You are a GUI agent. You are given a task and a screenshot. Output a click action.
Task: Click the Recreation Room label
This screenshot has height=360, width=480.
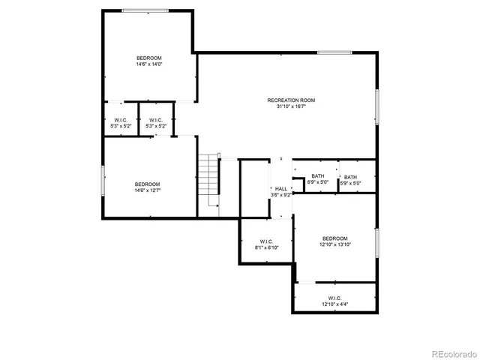(291, 100)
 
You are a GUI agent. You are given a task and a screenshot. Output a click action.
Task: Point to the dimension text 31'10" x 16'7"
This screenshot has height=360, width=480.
(291, 106)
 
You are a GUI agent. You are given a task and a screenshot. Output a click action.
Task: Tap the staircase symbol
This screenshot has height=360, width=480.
(208, 181)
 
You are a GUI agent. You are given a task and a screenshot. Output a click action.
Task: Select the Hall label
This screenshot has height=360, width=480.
(280, 189)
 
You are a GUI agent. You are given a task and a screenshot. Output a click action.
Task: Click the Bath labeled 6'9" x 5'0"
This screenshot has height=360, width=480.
(318, 177)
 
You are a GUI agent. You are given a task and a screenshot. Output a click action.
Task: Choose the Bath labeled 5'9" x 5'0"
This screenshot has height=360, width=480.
(350, 177)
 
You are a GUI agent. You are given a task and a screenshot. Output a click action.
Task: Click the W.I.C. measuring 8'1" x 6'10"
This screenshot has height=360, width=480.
(266, 241)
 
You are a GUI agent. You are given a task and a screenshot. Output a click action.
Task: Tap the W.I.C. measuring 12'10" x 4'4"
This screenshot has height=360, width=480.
(334, 298)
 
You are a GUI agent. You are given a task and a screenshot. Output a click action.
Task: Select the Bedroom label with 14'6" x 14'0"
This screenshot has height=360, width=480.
(148, 58)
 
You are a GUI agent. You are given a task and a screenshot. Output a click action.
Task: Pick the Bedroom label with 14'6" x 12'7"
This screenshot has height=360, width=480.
(148, 184)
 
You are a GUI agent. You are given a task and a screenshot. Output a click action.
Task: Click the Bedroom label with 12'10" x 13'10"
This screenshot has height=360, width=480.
(334, 238)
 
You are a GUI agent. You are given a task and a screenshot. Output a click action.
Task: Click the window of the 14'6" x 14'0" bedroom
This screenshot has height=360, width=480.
(145, 10)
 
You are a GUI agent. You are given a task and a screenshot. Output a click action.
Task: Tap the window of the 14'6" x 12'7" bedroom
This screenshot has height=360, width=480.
(103, 181)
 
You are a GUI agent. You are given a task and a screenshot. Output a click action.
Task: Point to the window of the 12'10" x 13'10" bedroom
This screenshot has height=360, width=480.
(376, 242)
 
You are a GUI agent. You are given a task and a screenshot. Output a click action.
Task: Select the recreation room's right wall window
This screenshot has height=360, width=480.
(376, 107)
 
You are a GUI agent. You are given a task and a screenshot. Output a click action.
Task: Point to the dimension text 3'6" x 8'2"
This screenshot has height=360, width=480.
(280, 195)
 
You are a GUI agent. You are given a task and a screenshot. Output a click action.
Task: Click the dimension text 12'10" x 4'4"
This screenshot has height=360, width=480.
(334, 304)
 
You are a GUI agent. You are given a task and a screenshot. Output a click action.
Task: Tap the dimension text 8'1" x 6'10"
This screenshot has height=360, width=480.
(266, 247)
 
